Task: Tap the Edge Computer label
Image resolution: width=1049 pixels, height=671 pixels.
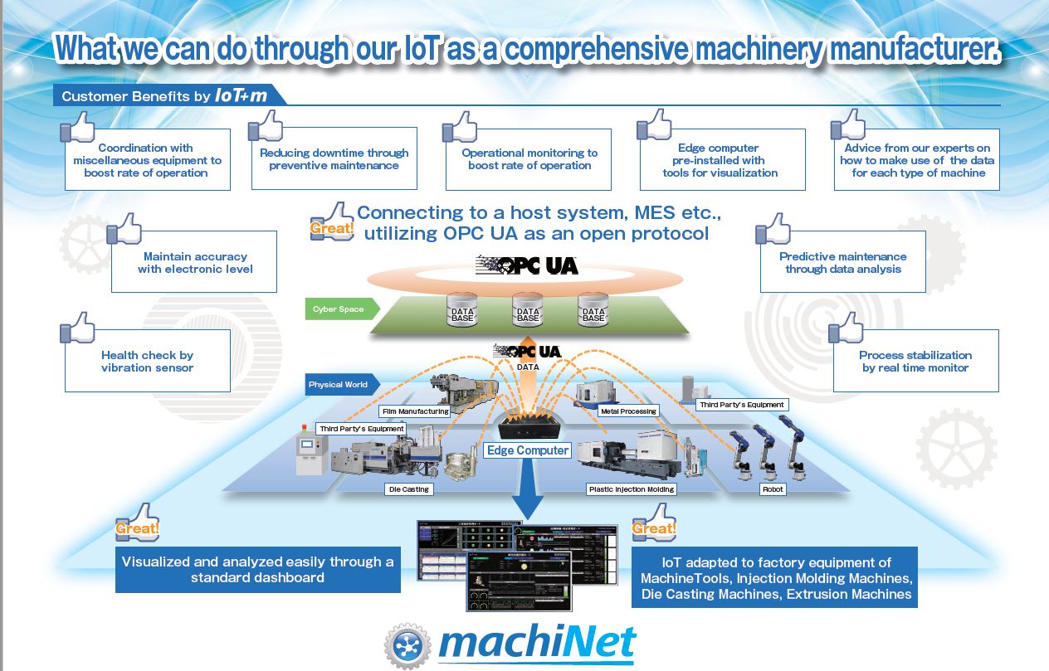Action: [528, 450]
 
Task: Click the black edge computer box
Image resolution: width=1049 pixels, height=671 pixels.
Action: [528, 427]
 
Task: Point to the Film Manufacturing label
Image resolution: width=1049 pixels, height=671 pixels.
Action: [415, 411]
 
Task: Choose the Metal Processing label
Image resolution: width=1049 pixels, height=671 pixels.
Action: [628, 411]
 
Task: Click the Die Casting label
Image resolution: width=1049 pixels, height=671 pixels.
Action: [409, 489]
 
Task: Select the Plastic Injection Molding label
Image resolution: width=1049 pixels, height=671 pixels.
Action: [632, 489]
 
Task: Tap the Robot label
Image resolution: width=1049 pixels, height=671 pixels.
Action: [772, 489]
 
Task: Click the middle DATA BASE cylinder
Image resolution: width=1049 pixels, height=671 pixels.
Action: [528, 309]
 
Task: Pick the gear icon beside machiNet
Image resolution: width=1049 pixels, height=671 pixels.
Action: [407, 644]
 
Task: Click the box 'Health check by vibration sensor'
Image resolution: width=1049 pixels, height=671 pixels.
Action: [147, 362]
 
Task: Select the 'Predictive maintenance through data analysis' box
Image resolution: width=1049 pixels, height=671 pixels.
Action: [842, 263]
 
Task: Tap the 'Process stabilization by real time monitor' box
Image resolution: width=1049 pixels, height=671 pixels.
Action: [915, 362]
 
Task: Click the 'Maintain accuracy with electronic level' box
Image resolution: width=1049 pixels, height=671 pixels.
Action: [194, 263]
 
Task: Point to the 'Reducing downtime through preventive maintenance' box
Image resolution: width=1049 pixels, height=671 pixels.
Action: [334, 159]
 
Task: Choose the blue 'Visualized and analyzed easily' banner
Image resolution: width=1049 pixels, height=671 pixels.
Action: [257, 570]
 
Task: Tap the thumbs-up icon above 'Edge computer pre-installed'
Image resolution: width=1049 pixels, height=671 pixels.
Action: [654, 125]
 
